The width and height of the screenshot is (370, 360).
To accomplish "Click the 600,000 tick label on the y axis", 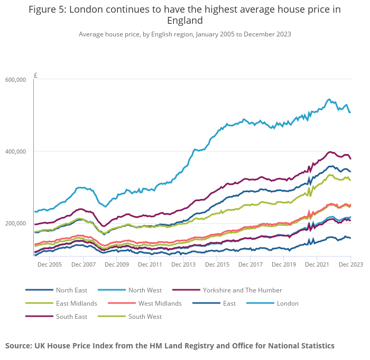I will (x=15, y=80).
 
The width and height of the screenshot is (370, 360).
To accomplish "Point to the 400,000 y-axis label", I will (x=15, y=151).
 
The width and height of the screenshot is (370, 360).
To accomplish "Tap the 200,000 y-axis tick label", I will (x=15, y=223).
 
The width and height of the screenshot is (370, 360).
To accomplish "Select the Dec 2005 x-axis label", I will (x=50, y=264).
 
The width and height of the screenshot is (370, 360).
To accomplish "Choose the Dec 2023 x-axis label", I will (x=350, y=264).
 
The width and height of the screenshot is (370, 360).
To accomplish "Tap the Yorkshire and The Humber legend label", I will (x=243, y=290).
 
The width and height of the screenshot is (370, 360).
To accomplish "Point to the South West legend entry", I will (x=145, y=317).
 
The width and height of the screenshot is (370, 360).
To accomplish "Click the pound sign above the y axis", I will (x=35, y=75).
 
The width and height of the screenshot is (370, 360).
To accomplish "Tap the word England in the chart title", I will (x=184, y=21).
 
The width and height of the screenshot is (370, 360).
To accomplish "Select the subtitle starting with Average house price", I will (x=184, y=34).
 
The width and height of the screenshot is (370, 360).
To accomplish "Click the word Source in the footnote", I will (x=18, y=346).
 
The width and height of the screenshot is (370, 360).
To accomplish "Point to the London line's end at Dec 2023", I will (x=350, y=112).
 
